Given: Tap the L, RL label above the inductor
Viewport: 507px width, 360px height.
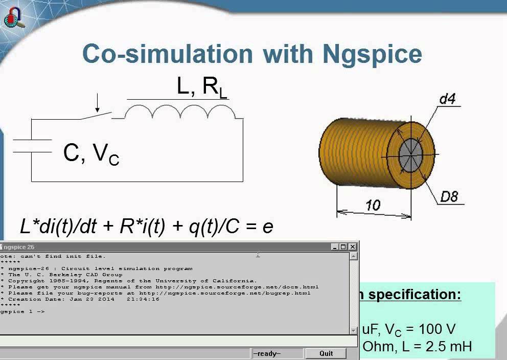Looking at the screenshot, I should pyautogui.click(x=201, y=87).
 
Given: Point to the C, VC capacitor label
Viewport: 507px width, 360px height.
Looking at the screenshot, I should pyautogui.click(x=91, y=153).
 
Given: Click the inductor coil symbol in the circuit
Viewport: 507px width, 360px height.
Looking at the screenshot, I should pyautogui.click(x=184, y=112).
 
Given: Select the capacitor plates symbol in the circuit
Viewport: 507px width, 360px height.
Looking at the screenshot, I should pyautogui.click(x=32, y=146).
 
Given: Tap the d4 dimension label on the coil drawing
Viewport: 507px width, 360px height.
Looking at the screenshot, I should pyautogui.click(x=447, y=99).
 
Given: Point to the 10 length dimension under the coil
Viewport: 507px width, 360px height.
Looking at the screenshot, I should pyautogui.click(x=373, y=206).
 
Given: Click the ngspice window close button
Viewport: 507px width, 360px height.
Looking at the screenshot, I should pyautogui.click(x=353, y=247).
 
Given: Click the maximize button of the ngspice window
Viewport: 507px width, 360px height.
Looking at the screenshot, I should pyautogui.click(x=343, y=247).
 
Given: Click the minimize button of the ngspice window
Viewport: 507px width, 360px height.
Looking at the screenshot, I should pyautogui.click(x=335, y=247).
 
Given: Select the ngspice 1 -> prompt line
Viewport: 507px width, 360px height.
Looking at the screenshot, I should pyautogui.click(x=22, y=311).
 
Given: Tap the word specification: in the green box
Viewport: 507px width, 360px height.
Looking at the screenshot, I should pyautogui.click(x=414, y=295).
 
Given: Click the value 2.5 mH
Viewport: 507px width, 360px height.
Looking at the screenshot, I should pyautogui.click(x=450, y=347).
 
